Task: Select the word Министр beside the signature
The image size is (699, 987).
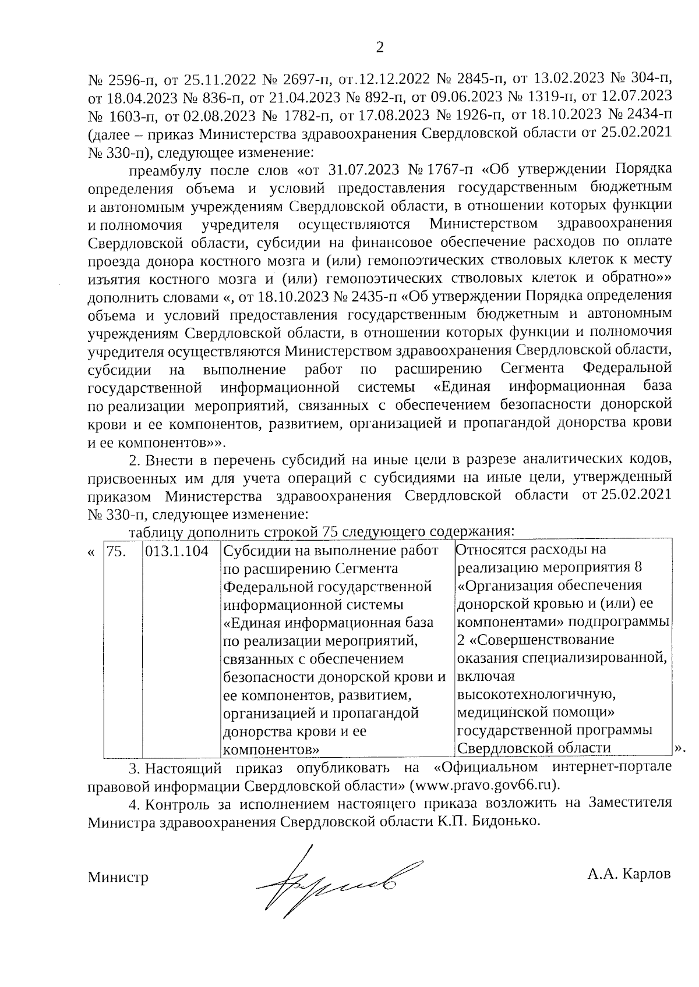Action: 118,877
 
